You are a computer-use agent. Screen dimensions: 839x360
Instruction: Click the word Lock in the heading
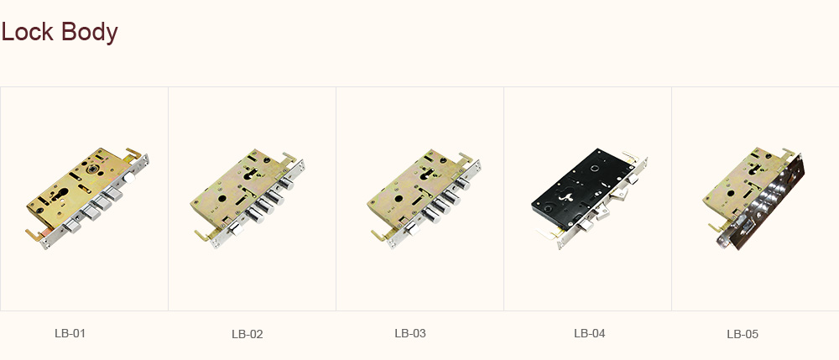tap(28, 32)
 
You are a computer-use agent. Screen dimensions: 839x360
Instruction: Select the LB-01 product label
tap(70, 333)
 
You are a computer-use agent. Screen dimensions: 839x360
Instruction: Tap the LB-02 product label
tap(248, 334)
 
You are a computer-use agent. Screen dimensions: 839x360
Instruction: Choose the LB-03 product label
tap(410, 333)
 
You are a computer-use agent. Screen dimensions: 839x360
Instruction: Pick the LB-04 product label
tap(590, 333)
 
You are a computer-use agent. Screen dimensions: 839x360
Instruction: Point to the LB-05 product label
tap(743, 334)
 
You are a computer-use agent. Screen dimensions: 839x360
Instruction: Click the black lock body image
tap(590, 198)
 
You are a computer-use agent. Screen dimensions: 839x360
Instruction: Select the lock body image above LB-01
tap(87, 198)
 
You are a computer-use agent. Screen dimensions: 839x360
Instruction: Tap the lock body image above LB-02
tap(248, 198)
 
